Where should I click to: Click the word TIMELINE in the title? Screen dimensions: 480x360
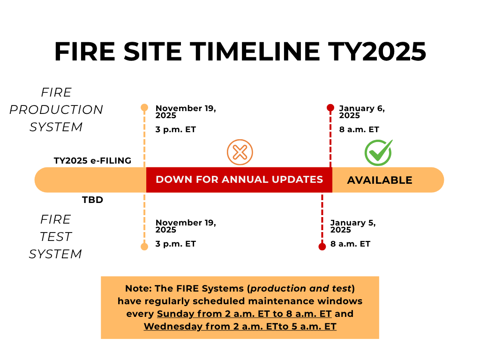point(255,52)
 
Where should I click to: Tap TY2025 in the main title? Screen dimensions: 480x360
point(377,52)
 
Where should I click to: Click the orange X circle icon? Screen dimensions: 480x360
point(240,152)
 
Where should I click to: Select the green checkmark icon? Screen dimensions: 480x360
point(379,152)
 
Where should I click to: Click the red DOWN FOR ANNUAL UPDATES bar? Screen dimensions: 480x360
point(239,180)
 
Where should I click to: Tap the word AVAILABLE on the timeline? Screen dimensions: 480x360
point(380,180)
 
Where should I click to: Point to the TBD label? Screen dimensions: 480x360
point(92,200)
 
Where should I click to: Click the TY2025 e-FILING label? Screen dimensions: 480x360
point(92,160)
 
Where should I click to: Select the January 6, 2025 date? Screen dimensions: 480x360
point(362,112)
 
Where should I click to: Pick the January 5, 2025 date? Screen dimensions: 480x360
point(353,226)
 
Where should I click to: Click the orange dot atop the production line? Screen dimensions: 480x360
point(144,107)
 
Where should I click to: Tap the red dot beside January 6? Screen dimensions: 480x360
point(330,107)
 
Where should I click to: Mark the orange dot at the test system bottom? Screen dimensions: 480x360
point(144,247)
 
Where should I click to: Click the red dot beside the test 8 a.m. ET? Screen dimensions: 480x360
point(322,247)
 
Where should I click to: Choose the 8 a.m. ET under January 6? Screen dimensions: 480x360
point(359,129)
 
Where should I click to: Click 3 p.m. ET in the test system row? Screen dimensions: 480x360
point(176,244)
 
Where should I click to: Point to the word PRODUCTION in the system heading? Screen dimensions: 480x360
point(56,110)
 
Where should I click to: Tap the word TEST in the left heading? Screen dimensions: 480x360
point(56,237)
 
